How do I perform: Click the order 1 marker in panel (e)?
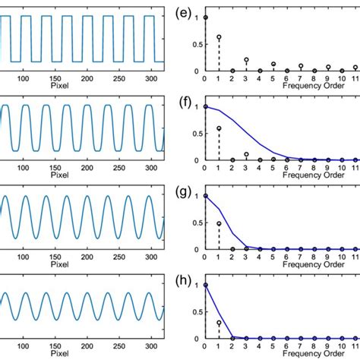(x=219, y=36)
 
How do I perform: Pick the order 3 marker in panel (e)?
(x=246, y=59)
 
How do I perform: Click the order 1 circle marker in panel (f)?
(x=219, y=128)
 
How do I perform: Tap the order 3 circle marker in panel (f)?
(x=246, y=154)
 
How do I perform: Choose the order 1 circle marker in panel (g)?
(x=219, y=223)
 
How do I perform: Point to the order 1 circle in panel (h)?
(x=219, y=323)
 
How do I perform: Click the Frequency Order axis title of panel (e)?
(x=307, y=86)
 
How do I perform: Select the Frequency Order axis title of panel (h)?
(x=307, y=354)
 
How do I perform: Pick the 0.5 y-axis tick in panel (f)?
(x=196, y=133)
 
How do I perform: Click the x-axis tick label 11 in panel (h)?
(x=355, y=346)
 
